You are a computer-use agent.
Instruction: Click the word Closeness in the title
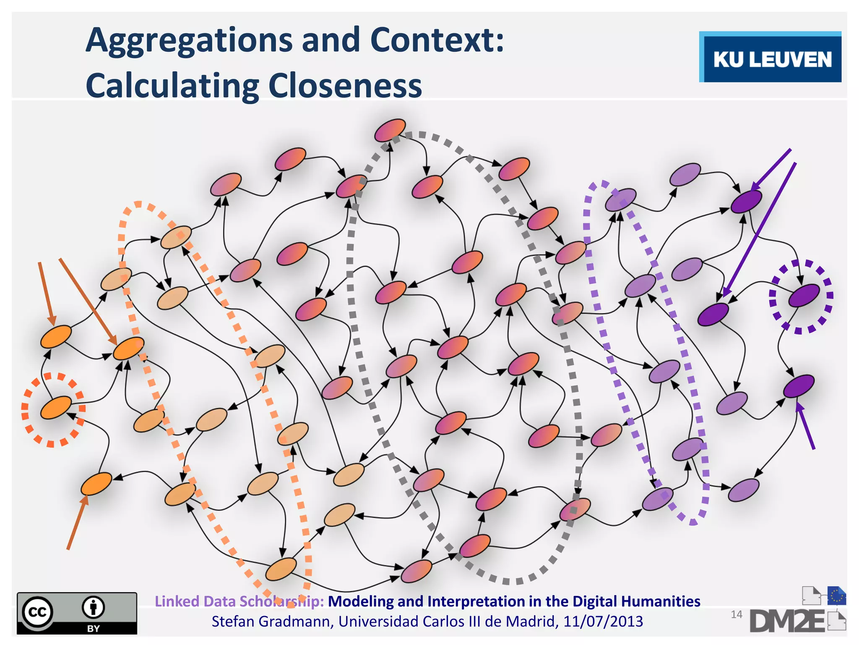(345, 86)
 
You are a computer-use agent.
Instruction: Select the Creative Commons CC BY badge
(77, 613)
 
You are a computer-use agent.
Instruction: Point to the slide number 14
(736, 614)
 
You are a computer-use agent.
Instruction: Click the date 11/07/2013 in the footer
(603, 621)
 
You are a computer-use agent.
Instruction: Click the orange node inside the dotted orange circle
(55, 407)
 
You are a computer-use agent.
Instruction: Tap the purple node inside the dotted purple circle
(804, 295)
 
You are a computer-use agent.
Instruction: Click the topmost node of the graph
(390, 130)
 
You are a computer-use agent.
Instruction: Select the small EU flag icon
(836, 595)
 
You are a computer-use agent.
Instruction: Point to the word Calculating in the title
(172, 86)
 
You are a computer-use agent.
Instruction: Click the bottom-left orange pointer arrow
(77, 522)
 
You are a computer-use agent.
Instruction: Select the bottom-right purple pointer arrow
(805, 425)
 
